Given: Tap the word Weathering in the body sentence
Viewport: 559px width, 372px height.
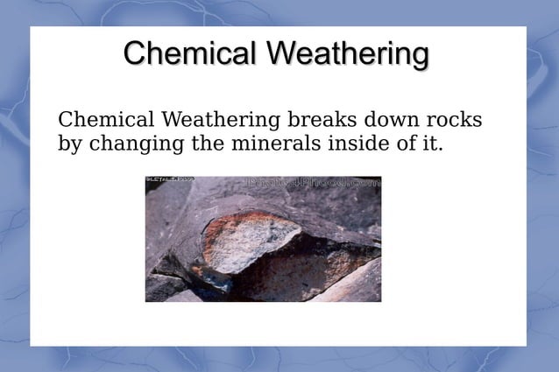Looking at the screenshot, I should click(220, 120).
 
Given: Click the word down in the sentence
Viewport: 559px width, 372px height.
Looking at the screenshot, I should click(394, 119).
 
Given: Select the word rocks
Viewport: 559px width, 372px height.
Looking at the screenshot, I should click(456, 119).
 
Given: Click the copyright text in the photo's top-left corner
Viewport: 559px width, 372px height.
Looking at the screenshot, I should click(170, 180).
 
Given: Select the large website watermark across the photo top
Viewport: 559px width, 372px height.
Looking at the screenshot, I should click(315, 183).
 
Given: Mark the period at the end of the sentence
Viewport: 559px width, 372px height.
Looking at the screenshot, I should click(441, 148).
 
